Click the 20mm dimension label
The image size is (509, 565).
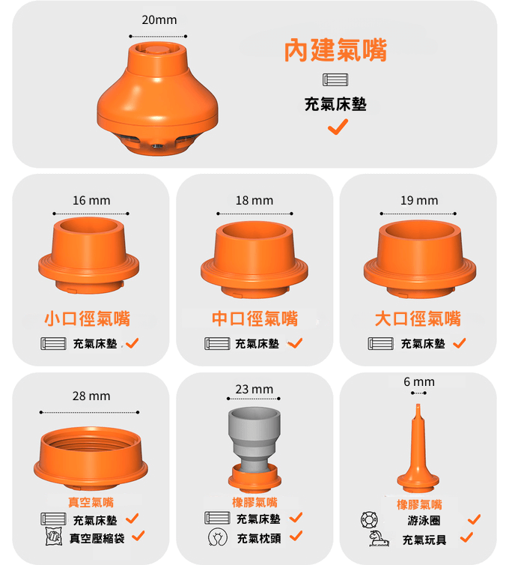[159, 19]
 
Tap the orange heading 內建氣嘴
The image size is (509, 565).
[335, 50]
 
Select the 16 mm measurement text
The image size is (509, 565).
[91, 200]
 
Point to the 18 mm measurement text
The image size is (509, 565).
[254, 200]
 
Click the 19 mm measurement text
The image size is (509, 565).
[419, 200]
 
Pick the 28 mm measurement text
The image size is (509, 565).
[91, 396]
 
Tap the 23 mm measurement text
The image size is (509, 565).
[254, 389]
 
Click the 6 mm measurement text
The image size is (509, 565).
[419, 381]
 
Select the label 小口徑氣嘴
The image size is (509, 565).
[87, 318]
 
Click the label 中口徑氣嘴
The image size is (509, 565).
[254, 318]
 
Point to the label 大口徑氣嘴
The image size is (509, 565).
[418, 318]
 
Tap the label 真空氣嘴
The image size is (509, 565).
[91, 502]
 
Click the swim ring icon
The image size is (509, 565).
[369, 519]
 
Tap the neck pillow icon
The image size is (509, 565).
[217, 537]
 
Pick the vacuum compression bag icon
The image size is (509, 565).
[54, 537]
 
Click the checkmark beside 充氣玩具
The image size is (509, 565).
[466, 537]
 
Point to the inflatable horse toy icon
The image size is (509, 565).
[379, 538]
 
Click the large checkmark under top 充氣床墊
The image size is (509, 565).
[338, 127]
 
